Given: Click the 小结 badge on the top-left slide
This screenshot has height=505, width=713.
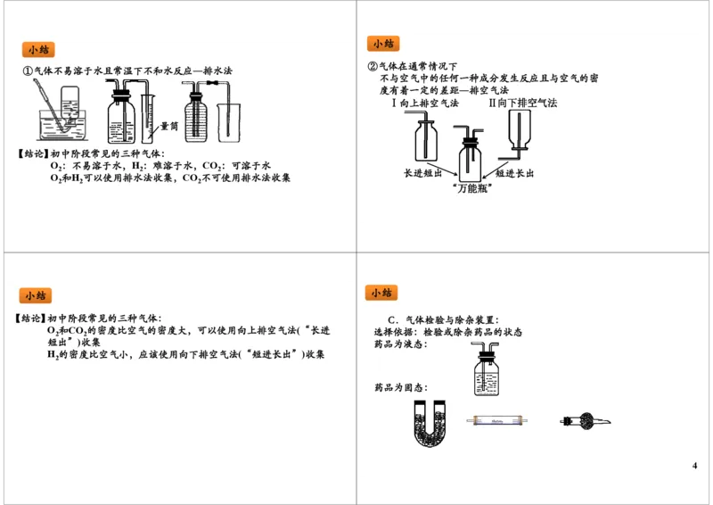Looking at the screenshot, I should [x=38, y=50].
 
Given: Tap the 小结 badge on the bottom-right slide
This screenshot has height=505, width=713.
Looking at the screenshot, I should [x=381, y=293].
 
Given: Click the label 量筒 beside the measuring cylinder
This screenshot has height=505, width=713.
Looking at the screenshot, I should [x=168, y=127].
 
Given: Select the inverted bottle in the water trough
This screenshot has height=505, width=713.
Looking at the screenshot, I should [x=70, y=103].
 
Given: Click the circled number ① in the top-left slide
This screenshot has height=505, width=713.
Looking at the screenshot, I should [x=28, y=71].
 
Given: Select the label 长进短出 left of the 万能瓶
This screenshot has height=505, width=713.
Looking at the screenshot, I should [x=422, y=173].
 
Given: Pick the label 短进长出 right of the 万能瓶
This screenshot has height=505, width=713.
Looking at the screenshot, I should [x=514, y=173].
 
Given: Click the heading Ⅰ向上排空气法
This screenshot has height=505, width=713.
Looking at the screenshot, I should [x=425, y=103].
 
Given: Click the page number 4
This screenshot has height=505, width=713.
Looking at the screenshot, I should [x=694, y=466].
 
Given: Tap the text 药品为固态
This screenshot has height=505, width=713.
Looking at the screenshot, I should [x=400, y=388].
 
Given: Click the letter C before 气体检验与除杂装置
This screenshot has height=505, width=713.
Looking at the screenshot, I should [x=391, y=320].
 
